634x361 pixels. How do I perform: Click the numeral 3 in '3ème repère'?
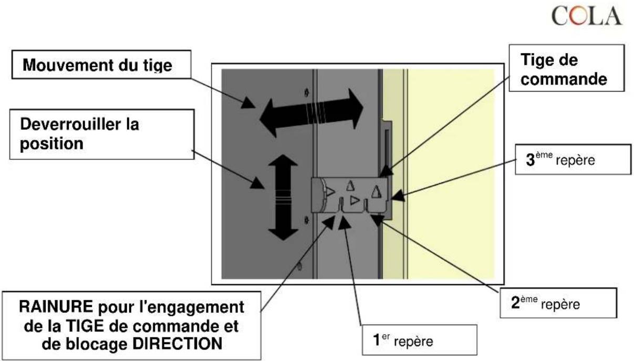pos(531,160)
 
